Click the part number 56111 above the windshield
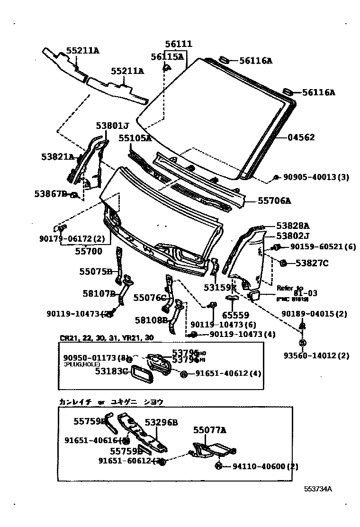(178, 44)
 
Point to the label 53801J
(112, 126)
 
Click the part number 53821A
(57, 157)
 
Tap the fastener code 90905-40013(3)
(316, 177)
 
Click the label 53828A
(293, 226)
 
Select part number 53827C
(312, 263)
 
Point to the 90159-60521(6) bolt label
(323, 247)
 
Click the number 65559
(236, 315)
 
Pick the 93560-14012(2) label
(323, 356)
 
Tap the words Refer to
(290, 287)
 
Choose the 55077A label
(209, 430)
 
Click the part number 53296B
(161, 422)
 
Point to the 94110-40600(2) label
(265, 466)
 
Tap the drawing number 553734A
(318, 489)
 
